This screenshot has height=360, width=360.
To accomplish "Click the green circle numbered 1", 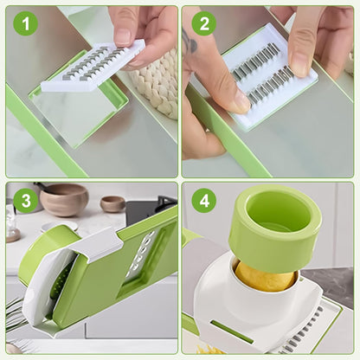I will [x=25, y=23].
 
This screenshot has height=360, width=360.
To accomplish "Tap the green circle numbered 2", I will [x=204, y=23].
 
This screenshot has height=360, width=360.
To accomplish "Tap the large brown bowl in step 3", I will [x=64, y=200].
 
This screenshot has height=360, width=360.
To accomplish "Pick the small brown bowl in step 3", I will [x=112, y=204].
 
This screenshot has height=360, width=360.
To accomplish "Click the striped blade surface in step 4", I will [x=307, y=333].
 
